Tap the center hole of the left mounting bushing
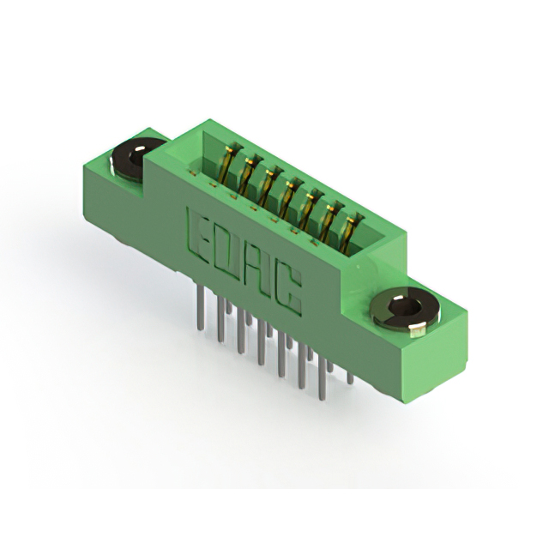point(136,157)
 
